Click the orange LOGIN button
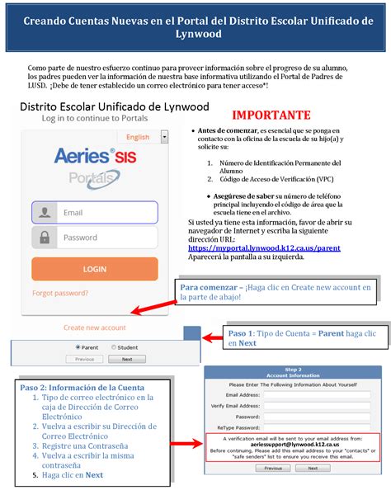pyautogui.click(x=94, y=269)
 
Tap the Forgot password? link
pyautogui.click(x=60, y=293)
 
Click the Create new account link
pyautogui.click(x=95, y=327)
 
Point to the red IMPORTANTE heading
pyautogui.click(x=271, y=115)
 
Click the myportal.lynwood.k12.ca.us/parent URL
pyautogui.click(x=264, y=247)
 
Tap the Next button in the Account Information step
pyautogui.click(x=313, y=468)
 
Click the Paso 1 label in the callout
pyautogui.click(x=240, y=332)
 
